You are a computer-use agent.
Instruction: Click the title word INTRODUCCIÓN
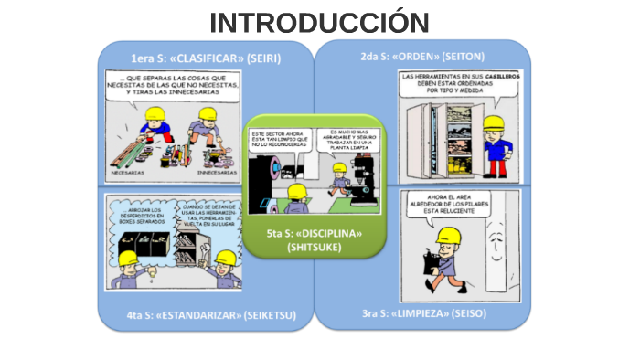point(319,22)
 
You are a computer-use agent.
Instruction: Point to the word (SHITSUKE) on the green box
point(314,248)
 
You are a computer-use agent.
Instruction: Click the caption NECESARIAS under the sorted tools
point(132,172)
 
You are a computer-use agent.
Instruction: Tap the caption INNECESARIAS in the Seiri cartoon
point(218,172)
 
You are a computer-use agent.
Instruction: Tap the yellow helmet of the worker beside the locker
point(496,123)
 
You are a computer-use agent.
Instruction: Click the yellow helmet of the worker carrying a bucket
point(447,237)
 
